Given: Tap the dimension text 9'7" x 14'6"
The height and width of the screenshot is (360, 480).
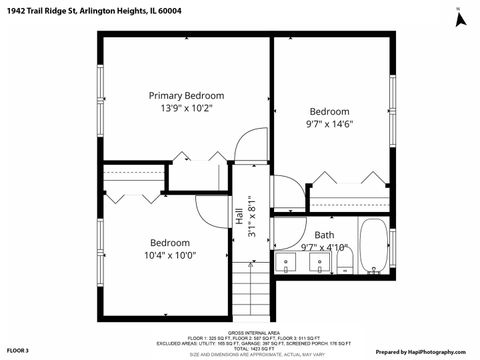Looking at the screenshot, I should pos(329,124).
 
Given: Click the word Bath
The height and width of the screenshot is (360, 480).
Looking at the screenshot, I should pos(325,235).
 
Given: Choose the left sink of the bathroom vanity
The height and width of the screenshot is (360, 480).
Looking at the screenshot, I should pos(287,263).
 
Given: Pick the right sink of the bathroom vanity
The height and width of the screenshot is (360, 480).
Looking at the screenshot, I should pos(319,263).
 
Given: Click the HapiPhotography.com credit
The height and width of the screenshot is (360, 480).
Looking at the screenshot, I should pos(423,352).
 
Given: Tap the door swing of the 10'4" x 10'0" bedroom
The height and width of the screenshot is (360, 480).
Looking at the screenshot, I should pos(212,208).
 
